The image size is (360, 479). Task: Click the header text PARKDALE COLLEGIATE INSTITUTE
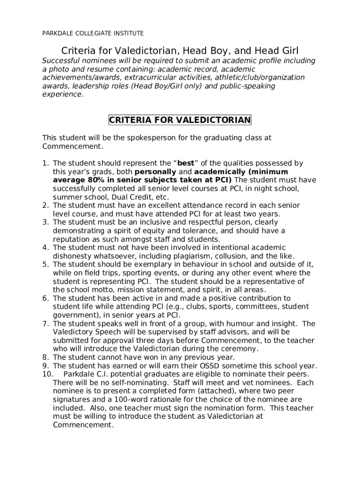pos(93,33)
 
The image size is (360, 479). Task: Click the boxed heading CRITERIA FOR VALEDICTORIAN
pos(180,120)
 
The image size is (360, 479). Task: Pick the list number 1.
pos(45,163)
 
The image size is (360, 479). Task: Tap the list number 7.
pos(45,324)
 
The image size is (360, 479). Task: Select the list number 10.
pos(47,374)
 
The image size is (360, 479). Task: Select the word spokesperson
pos(136,138)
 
